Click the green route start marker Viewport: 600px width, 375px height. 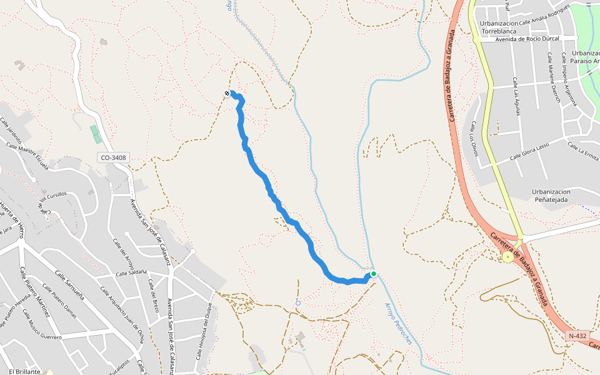(373, 274)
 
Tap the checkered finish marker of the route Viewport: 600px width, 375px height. (227, 94)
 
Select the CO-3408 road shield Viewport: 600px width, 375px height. (113, 158)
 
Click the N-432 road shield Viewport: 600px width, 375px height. (577, 336)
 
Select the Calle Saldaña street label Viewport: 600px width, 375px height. (130, 272)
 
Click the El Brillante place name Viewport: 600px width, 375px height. (25, 371)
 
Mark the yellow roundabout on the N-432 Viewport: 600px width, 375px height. (507, 257)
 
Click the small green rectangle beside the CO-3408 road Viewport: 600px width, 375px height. (94, 134)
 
